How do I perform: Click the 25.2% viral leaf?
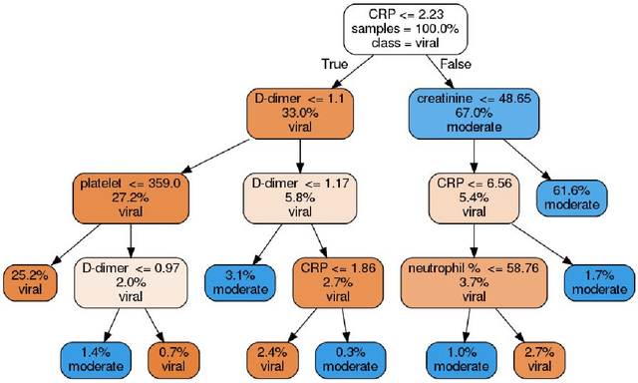click(x=31, y=281)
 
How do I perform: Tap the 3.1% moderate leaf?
click(x=239, y=281)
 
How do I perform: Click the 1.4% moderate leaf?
click(x=94, y=358)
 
